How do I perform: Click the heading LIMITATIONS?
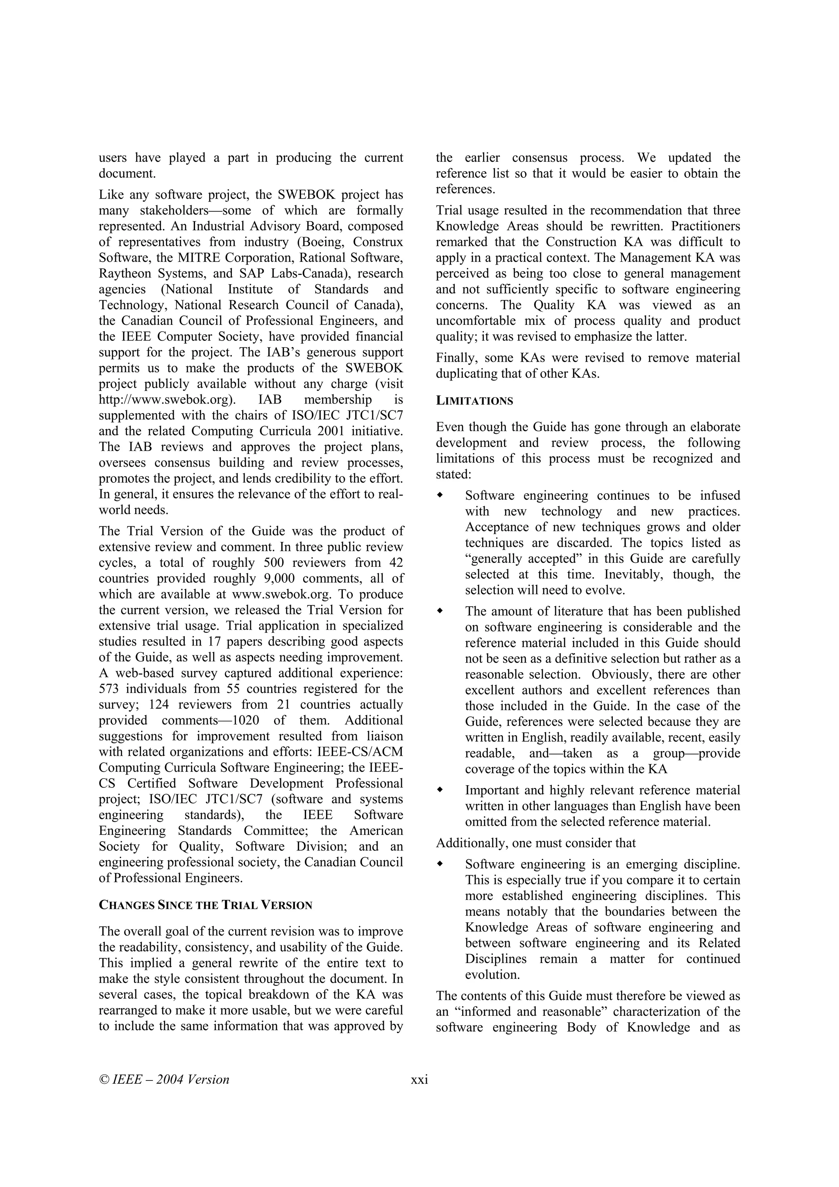pos(474,401)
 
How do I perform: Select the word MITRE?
pos(195,258)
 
